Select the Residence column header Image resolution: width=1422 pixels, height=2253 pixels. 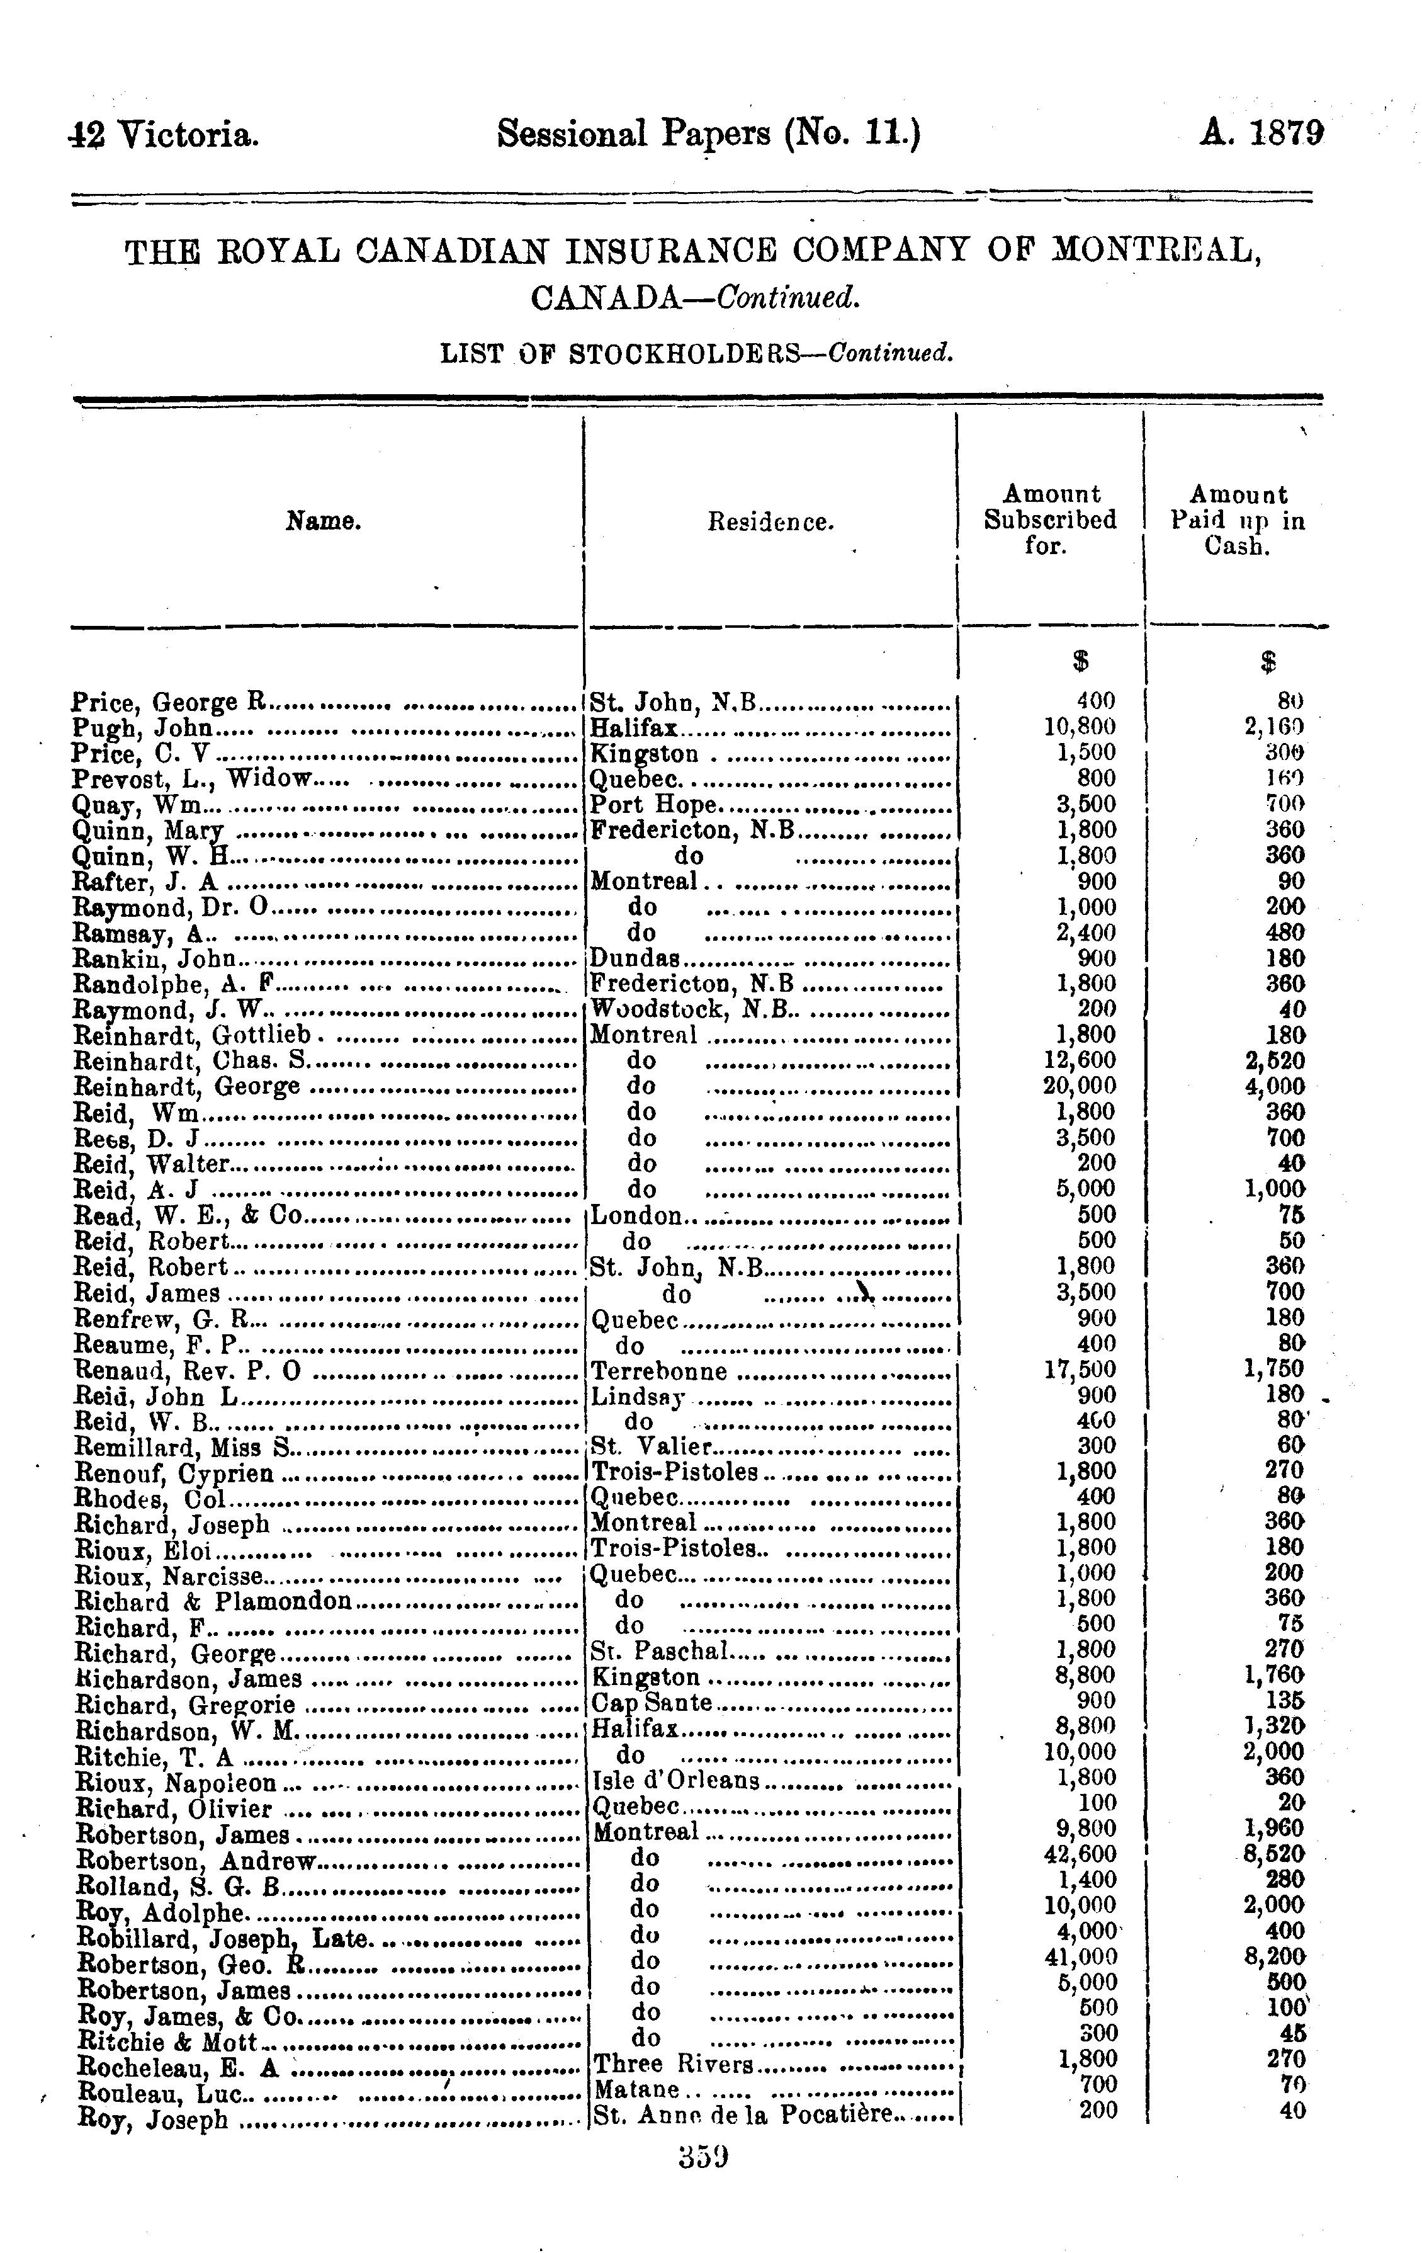tap(769, 521)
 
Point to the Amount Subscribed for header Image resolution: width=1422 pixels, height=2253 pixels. tap(1049, 519)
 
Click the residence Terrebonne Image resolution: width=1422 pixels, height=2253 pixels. tap(660, 1371)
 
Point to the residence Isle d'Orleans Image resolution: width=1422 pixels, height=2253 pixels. tap(677, 1777)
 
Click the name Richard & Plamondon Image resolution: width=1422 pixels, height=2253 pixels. tap(213, 1601)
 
